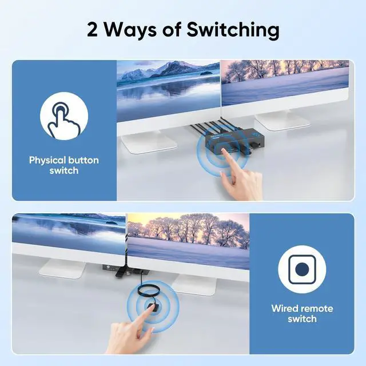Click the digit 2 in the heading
(x=93, y=30)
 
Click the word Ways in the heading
(x=130, y=30)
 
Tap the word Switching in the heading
(x=233, y=30)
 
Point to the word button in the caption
(x=83, y=160)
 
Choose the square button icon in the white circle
(x=302, y=269)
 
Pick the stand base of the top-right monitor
(x=283, y=121)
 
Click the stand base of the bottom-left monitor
(x=62, y=268)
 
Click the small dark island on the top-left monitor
(x=206, y=73)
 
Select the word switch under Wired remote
(x=302, y=319)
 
